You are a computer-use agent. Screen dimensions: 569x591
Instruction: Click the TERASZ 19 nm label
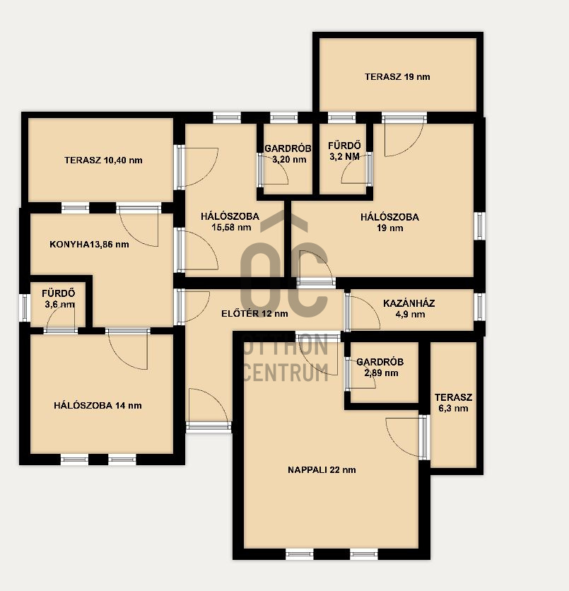pos(397,77)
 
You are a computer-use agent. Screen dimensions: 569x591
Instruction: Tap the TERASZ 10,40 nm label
pos(103,160)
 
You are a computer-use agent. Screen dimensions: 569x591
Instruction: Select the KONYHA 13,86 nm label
pos(89,244)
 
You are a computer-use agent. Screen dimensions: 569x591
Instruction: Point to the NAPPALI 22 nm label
pos(322,469)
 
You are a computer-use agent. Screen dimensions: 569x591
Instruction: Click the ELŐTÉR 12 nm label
pos(254,313)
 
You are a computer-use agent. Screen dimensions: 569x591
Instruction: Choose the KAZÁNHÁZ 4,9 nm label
pos(409,309)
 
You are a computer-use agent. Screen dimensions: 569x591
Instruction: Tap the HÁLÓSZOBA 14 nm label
pos(98,406)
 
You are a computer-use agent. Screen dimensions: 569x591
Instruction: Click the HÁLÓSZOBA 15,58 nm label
pos(230,222)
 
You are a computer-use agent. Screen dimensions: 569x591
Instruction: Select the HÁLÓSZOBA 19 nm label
pos(389,223)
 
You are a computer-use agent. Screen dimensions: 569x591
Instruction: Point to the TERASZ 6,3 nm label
pos(453,402)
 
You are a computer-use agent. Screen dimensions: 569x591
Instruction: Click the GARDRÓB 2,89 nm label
pos(380,367)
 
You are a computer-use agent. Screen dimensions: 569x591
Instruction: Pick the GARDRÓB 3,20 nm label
pos(288,154)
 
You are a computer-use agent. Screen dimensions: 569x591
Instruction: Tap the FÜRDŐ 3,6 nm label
pos(59,298)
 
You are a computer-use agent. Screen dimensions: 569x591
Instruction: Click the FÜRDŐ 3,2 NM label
pos(344,151)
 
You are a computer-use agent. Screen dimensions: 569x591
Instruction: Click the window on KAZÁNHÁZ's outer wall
pos(479,307)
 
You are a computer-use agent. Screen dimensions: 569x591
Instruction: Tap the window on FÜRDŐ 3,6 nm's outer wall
pos(25,308)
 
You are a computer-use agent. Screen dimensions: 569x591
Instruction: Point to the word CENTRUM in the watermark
pos(286,373)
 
